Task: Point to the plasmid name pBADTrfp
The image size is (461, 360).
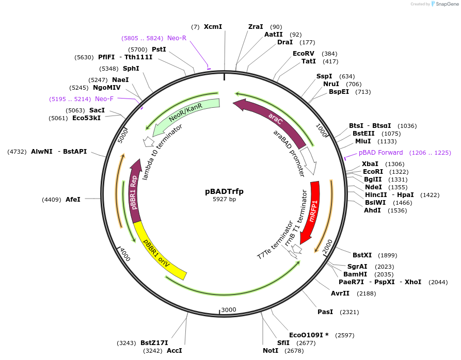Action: click(224, 191)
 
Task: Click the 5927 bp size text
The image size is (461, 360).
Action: click(224, 200)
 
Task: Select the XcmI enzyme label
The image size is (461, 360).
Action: click(213, 26)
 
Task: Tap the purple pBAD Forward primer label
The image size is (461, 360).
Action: click(381, 153)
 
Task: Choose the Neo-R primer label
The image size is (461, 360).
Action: click(177, 38)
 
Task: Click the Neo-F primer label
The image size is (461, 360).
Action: click(104, 99)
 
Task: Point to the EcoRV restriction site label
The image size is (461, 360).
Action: click(303, 54)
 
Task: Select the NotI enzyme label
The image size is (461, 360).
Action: click(270, 351)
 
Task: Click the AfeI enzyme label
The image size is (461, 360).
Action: click(73, 199)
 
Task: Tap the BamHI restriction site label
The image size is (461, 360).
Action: click(355, 274)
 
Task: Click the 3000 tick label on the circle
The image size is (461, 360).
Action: click(228, 309)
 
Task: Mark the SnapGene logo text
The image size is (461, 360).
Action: click(443, 4)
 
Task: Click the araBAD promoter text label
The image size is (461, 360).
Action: click(289, 153)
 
